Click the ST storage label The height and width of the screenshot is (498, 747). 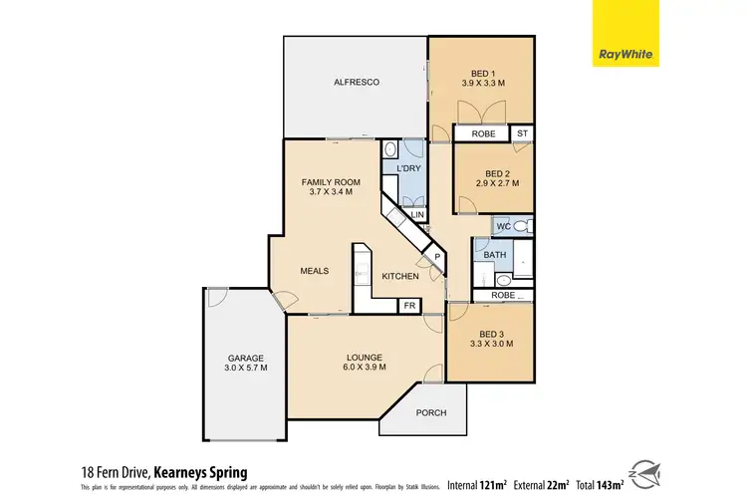[x=522, y=132]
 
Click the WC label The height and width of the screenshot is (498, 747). [x=503, y=227]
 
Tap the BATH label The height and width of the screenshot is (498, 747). [x=495, y=255]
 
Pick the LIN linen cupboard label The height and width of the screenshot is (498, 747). [x=417, y=214]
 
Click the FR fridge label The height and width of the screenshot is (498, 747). [x=408, y=306]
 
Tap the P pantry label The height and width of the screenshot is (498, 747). [x=435, y=259]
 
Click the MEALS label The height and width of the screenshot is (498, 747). [x=316, y=269]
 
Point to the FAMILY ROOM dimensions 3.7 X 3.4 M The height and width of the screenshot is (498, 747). [x=332, y=194]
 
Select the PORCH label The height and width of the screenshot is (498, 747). [x=430, y=413]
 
